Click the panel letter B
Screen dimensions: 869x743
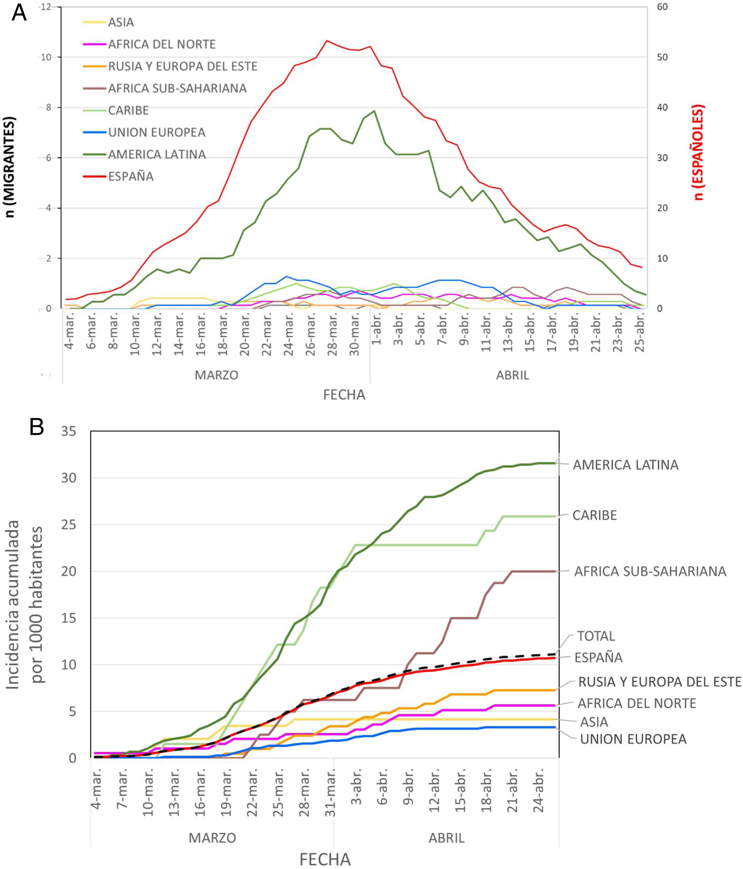click(37, 427)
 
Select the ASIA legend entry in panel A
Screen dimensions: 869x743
click(121, 22)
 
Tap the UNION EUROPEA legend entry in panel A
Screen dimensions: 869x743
click(156, 132)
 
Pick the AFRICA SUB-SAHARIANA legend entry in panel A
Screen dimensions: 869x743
click(177, 88)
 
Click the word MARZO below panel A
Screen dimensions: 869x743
click(216, 375)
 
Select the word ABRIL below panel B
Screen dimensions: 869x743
click(446, 838)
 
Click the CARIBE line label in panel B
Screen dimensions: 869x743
click(594, 515)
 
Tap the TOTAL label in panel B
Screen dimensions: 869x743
click(596, 636)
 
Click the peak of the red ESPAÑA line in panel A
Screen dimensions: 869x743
click(327, 41)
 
